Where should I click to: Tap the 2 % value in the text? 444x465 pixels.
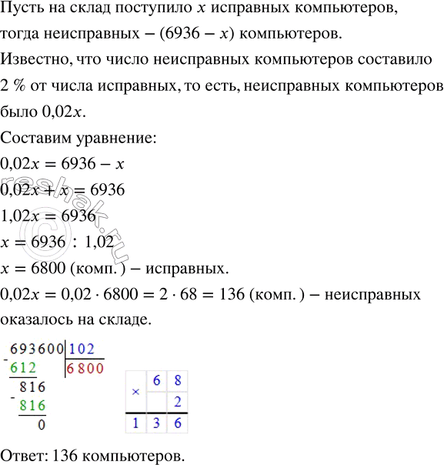click(16, 88)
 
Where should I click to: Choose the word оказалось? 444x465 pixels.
click(35, 316)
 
